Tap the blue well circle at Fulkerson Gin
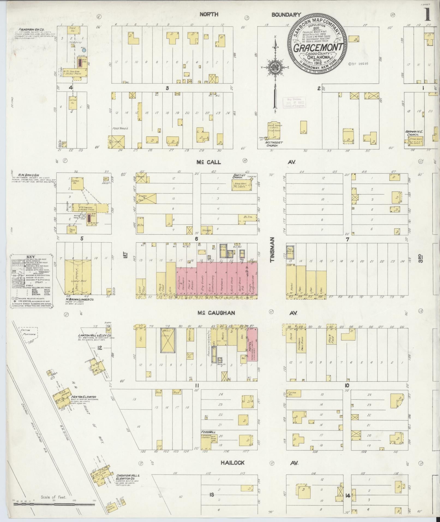(84, 50)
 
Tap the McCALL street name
(209, 162)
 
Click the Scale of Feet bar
(54, 504)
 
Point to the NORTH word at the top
(209, 14)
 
